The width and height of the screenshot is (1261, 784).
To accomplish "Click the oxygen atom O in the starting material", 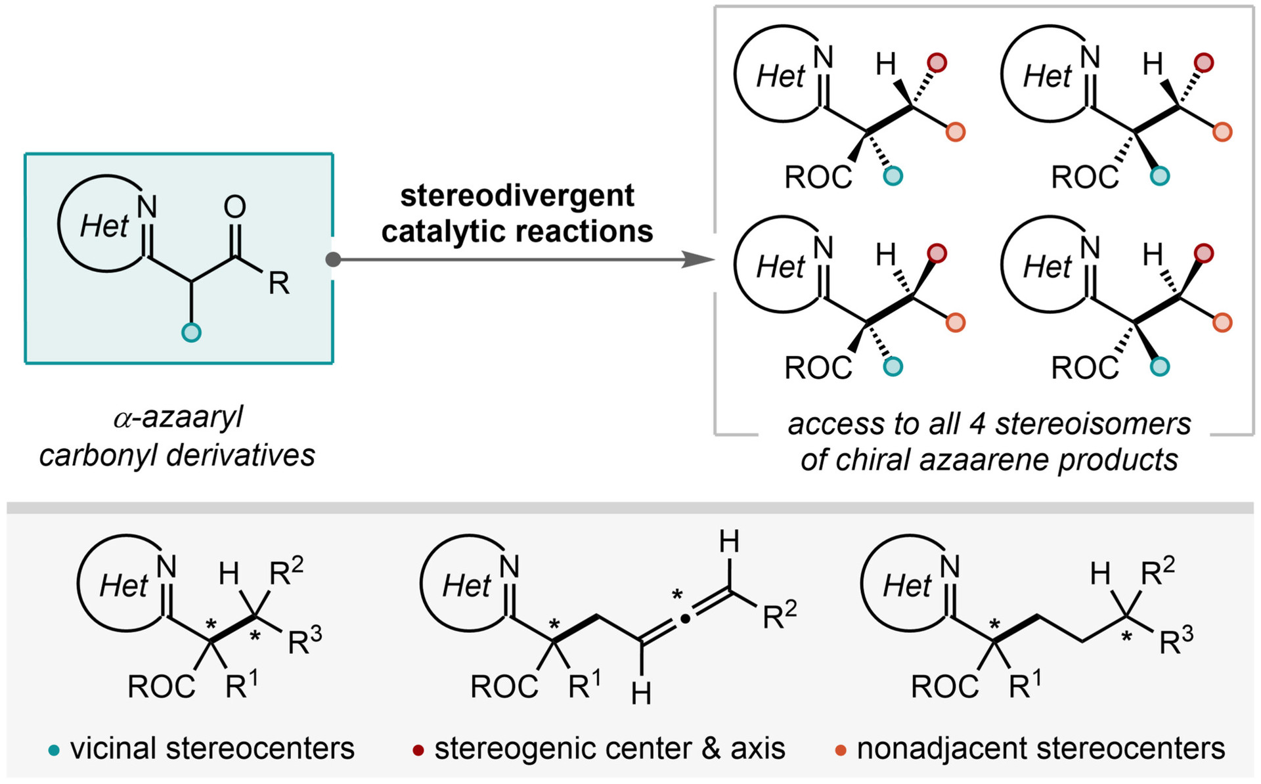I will [x=234, y=207].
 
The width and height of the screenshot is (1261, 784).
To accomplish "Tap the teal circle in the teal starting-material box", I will [x=191, y=332].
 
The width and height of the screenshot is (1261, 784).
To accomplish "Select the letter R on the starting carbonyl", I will [x=278, y=284].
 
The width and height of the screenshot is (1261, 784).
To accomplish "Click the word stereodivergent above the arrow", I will [x=518, y=196].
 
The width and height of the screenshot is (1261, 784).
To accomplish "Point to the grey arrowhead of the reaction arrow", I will [x=697, y=259].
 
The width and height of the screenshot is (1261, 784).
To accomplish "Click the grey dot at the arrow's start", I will [x=334, y=259].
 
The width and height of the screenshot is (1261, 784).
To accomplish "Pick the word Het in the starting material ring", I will [x=104, y=227].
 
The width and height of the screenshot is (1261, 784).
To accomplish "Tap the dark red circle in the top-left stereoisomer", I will [x=937, y=63].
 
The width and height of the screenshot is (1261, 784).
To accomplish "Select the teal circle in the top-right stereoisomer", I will [x=1160, y=176].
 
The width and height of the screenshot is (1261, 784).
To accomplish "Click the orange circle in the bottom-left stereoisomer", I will [x=956, y=322].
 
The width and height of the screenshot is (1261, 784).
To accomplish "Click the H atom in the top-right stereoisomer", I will [x=1153, y=64].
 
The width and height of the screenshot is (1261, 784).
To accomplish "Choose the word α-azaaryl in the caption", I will [x=178, y=418].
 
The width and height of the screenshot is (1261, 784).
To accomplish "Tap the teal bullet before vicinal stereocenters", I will [x=54, y=750].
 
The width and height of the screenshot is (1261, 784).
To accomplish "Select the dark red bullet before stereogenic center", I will [x=418, y=750].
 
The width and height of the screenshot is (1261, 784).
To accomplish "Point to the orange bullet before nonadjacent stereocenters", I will [x=841, y=750].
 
